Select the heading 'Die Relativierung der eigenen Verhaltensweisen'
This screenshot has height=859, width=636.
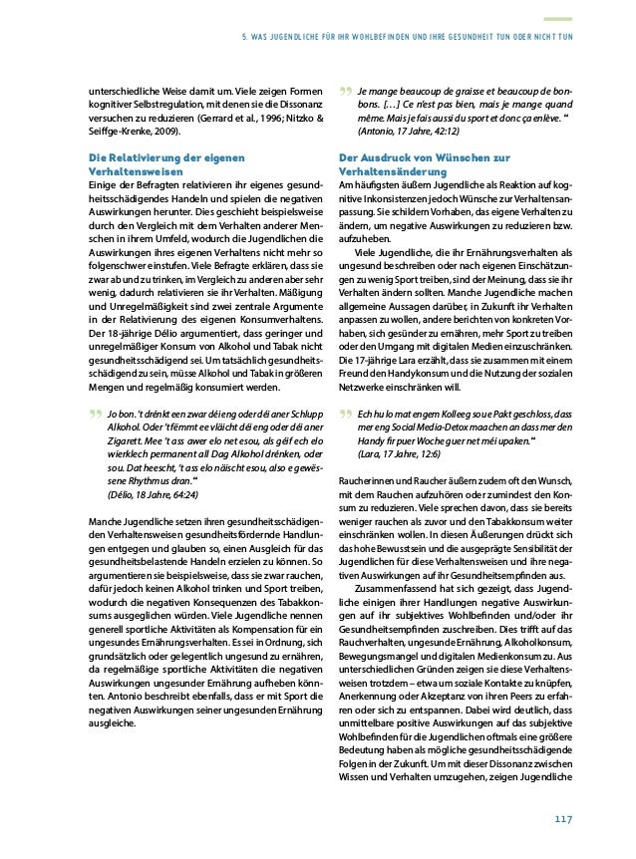[164, 164]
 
